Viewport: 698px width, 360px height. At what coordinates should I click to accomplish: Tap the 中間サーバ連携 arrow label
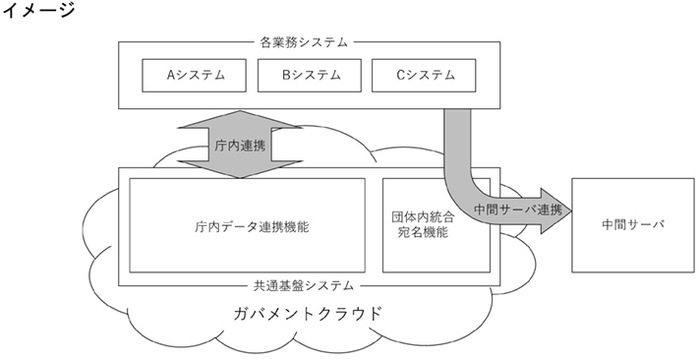tap(518, 210)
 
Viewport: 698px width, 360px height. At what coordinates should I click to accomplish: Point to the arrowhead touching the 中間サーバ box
tap(559, 210)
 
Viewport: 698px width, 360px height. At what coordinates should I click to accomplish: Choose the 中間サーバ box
tap(631, 225)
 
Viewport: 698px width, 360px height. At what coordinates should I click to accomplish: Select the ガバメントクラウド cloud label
tap(307, 314)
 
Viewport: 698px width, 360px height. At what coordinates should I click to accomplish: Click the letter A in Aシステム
tap(171, 74)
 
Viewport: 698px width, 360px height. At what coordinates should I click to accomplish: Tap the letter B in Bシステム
tap(286, 74)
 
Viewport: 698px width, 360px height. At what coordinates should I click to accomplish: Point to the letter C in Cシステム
tap(401, 74)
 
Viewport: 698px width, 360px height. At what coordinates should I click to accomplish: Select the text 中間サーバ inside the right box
tap(631, 225)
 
